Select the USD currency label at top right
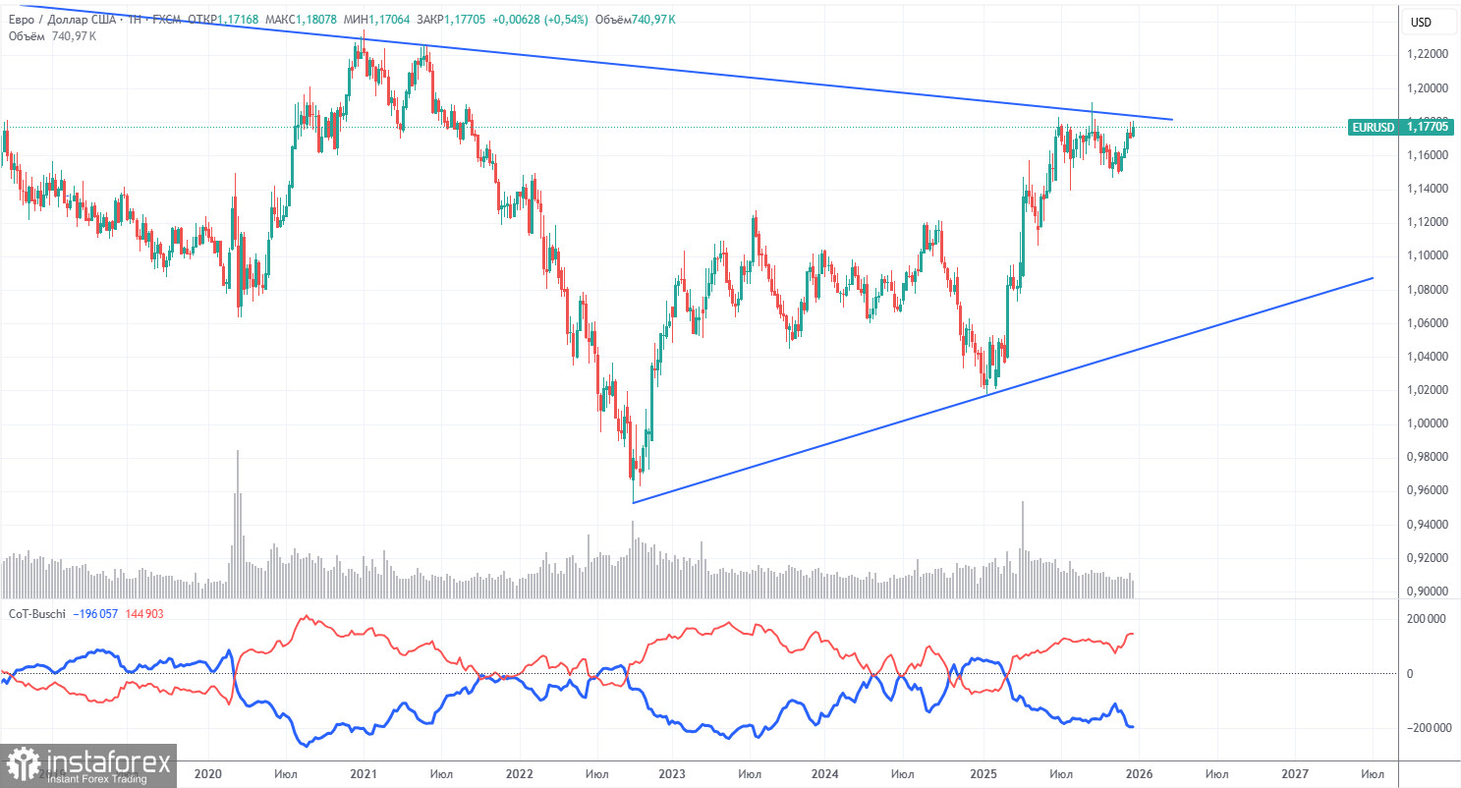(x=1421, y=22)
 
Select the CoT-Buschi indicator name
(x=37, y=613)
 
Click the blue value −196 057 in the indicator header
(x=103, y=613)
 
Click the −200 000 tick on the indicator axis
(x=1423, y=728)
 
